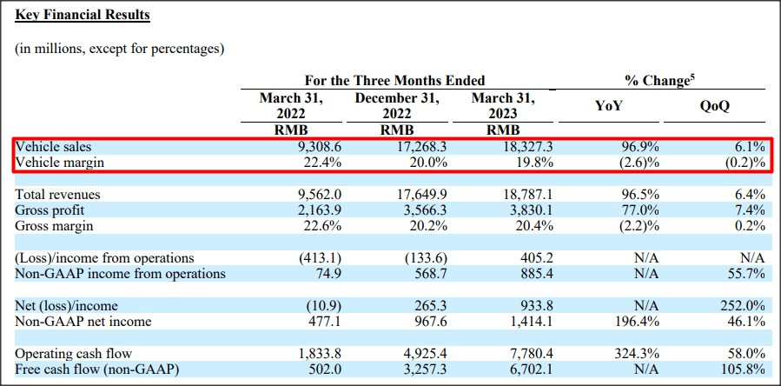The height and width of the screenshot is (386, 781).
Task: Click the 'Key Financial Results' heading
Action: [83, 15]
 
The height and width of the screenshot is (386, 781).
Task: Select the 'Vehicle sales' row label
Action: [53, 148]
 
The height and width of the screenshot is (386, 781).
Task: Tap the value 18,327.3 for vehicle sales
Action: [524, 148]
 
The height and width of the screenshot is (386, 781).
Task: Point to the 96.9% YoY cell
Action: [639, 148]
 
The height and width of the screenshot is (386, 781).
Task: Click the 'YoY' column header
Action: [607, 106]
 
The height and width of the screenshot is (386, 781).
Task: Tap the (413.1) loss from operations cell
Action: [319, 258]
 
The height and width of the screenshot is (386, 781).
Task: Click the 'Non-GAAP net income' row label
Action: [83, 322]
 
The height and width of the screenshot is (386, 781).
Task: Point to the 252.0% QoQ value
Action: [743, 306]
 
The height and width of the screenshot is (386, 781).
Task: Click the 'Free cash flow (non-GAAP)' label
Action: [96, 369]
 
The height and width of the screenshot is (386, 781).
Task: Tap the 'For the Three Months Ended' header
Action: [394, 81]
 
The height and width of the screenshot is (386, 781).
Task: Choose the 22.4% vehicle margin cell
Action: [325, 163]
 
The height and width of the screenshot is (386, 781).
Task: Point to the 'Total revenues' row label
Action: [57, 195]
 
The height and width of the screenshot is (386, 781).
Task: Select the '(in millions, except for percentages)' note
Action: [120, 49]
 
